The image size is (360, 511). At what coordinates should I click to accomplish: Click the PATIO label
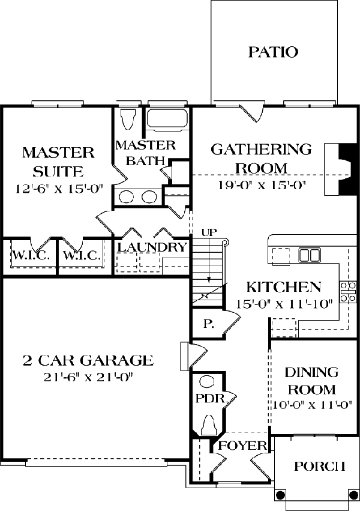tap(273, 52)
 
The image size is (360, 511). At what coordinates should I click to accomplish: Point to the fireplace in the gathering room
tap(340, 169)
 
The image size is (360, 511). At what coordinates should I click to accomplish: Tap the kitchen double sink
tap(309, 255)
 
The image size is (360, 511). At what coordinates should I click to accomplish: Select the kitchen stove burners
tap(347, 291)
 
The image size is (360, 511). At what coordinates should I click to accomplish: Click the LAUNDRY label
tap(151, 247)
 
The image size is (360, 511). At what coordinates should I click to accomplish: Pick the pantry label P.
tap(208, 324)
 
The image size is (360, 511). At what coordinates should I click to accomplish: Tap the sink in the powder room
tap(207, 382)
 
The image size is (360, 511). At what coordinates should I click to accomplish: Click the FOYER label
tap(242, 446)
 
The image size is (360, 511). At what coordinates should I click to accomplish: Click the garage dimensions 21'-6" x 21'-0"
tap(87, 377)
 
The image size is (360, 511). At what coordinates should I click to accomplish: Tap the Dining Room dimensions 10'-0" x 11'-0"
tap(311, 405)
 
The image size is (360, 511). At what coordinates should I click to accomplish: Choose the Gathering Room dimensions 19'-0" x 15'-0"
tap(262, 185)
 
